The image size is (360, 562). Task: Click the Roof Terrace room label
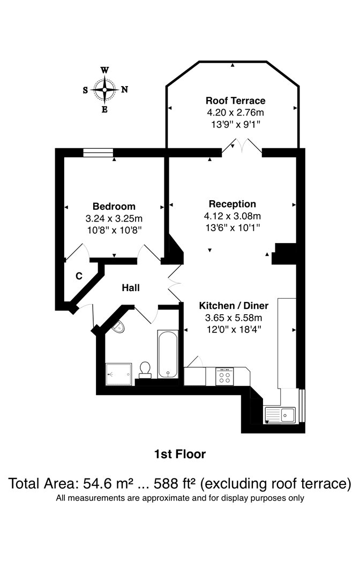[235, 101]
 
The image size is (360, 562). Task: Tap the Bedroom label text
[114, 206]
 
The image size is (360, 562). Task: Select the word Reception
[232, 204]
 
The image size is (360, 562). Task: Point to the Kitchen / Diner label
[234, 306]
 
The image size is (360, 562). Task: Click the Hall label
[131, 287]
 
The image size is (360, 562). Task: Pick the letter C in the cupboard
[79, 276]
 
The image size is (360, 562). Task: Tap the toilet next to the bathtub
[145, 370]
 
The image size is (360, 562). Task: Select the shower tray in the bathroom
[119, 374]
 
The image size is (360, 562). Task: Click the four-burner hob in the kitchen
[225, 376]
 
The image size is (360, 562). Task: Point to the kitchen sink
[280, 415]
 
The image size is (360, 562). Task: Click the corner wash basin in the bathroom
[118, 326]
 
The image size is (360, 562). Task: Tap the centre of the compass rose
[104, 89]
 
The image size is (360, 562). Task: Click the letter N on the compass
[124, 89]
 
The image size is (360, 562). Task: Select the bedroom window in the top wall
[98, 153]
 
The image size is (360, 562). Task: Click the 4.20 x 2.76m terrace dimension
[235, 112]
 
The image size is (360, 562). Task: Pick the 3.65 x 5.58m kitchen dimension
[234, 317]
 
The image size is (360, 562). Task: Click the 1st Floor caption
[180, 454]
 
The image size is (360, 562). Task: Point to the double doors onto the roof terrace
[242, 147]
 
